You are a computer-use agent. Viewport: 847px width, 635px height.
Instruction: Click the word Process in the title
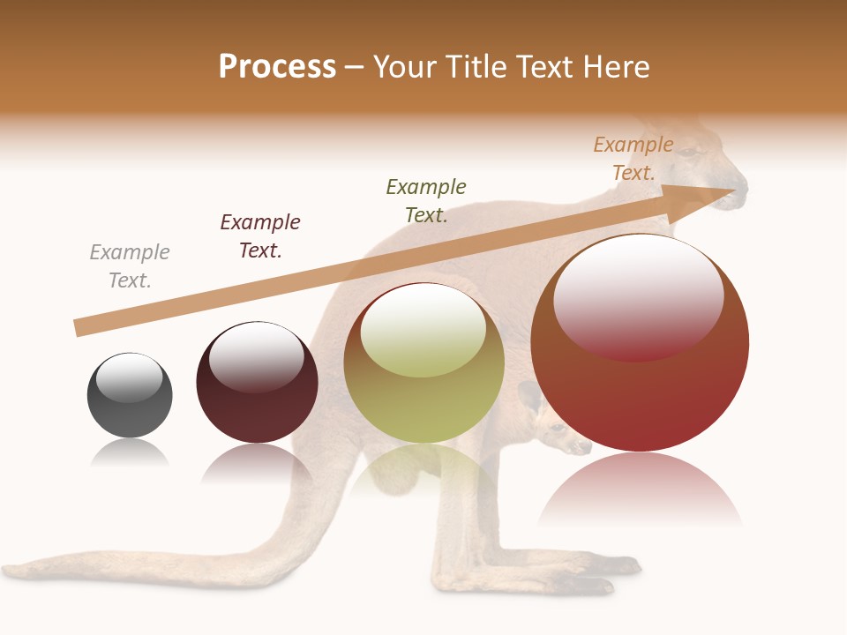coord(277,67)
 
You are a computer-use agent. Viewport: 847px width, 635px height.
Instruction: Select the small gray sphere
coord(130,396)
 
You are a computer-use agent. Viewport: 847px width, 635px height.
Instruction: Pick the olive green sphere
coord(423,363)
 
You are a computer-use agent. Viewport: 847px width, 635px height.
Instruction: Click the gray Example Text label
coord(130,266)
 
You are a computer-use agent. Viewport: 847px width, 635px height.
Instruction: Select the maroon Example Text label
coord(260,236)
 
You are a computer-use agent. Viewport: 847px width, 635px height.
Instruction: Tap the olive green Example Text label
coord(426,201)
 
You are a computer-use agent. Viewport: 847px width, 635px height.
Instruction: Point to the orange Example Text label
coord(633,159)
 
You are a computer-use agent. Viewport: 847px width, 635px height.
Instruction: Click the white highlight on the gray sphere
coord(129,377)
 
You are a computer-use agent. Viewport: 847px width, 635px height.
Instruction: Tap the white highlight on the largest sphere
coord(638,295)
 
